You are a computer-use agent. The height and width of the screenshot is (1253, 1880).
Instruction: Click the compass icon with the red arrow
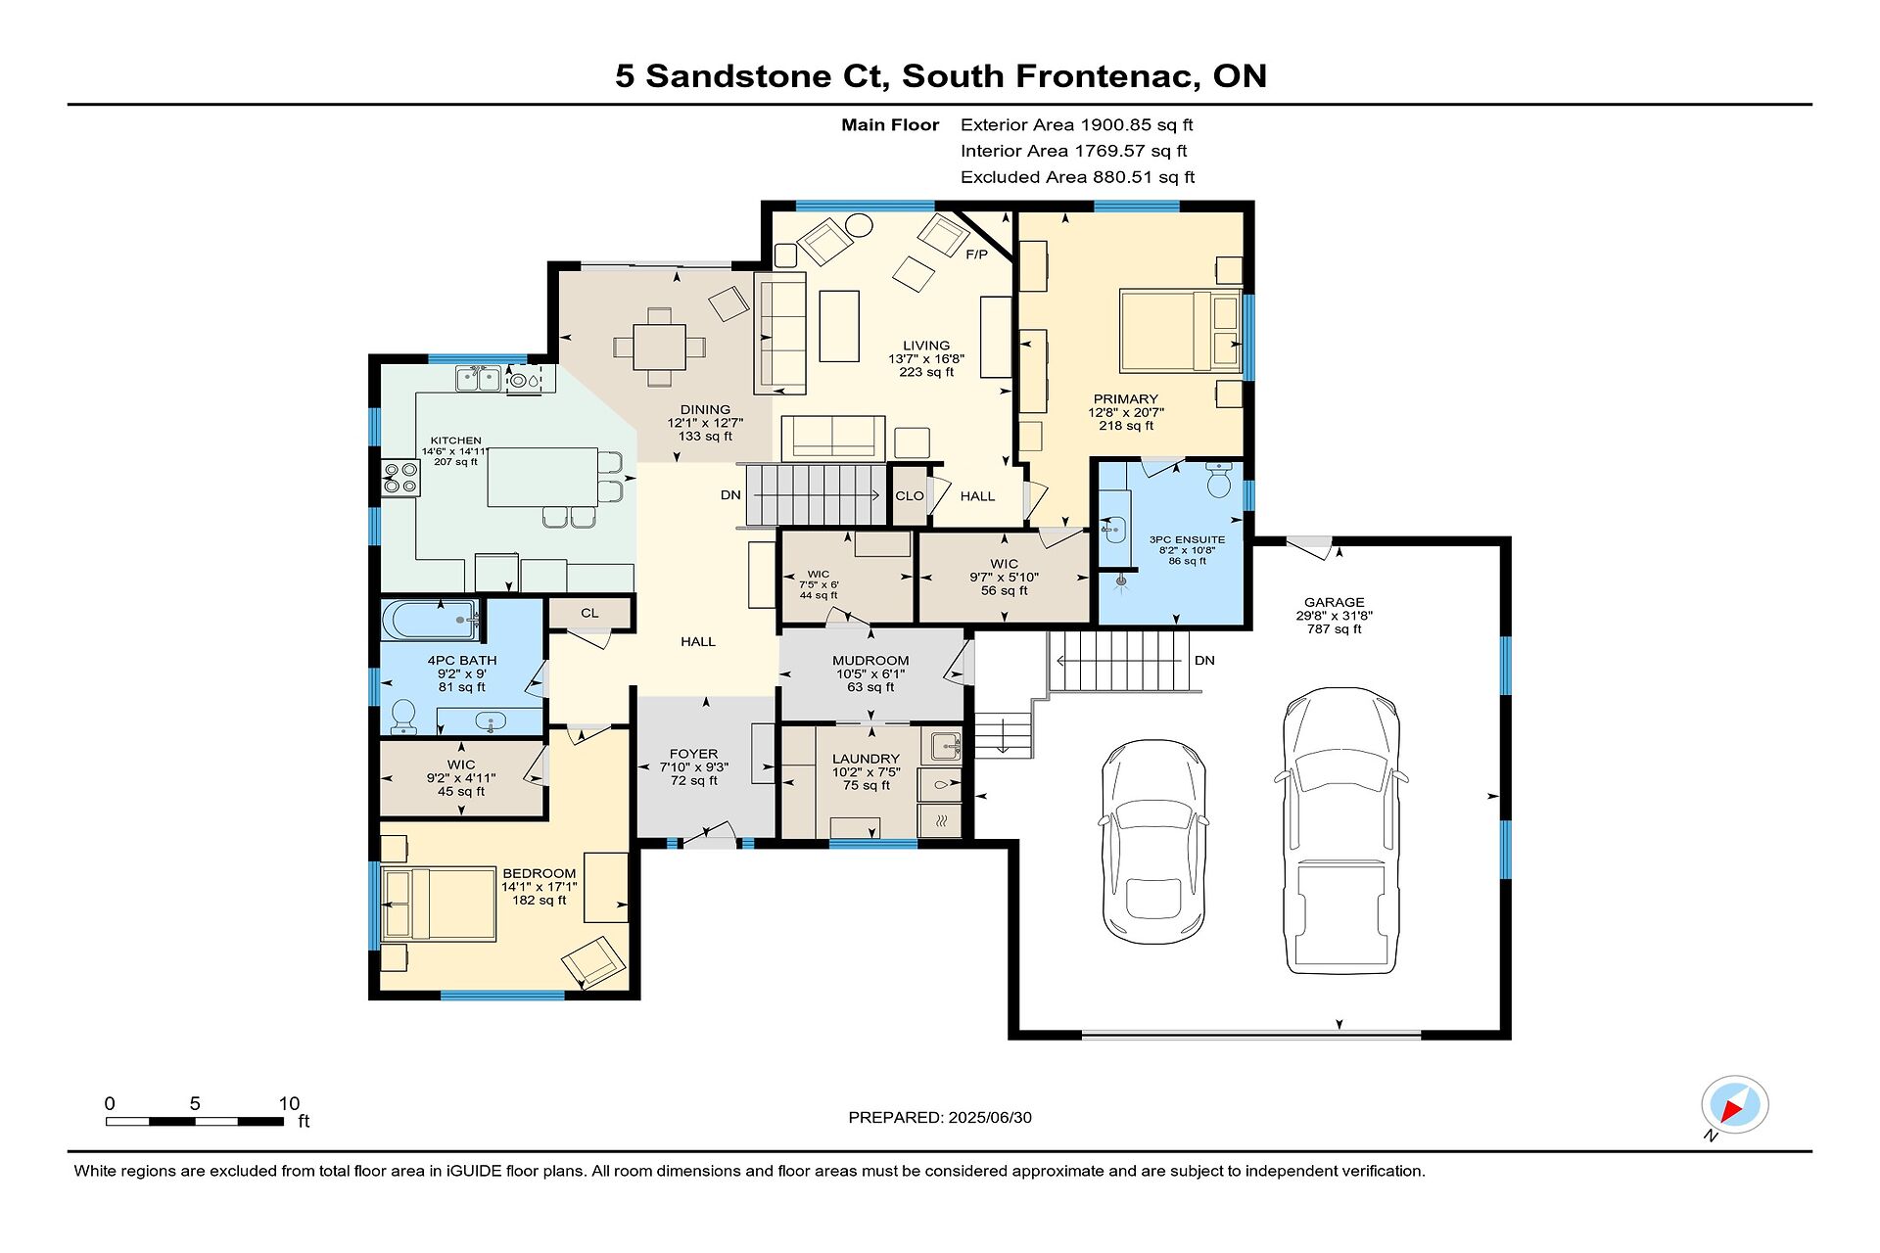1734,1105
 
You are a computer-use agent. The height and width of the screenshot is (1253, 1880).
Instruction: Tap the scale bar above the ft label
195,1121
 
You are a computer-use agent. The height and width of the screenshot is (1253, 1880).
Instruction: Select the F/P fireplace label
976,255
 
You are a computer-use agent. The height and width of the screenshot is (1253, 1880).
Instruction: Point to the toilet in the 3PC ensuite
1219,480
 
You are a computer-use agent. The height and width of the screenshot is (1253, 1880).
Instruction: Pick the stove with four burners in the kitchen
400,478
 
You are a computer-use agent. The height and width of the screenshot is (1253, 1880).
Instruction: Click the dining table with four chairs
659,347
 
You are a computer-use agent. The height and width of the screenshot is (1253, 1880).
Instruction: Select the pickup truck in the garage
1341,830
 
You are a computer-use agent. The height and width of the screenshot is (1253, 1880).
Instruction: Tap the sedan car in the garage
1153,841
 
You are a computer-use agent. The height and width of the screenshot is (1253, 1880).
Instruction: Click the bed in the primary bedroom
1181,331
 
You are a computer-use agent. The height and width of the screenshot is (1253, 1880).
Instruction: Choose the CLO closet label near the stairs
910,495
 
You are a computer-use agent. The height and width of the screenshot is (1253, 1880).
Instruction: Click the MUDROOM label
870,661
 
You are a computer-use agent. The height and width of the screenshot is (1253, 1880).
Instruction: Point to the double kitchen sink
479,378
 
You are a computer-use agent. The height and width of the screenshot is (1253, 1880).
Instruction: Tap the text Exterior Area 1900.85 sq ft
1077,124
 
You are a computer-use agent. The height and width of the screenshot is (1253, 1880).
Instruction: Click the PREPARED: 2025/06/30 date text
940,1117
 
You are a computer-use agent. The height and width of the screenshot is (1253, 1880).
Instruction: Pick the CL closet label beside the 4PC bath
589,613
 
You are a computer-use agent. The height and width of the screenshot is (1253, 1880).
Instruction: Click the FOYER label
693,754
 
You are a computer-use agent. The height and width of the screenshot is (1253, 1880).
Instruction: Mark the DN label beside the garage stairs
1204,661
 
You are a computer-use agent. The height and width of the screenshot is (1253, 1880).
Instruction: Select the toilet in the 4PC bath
403,717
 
